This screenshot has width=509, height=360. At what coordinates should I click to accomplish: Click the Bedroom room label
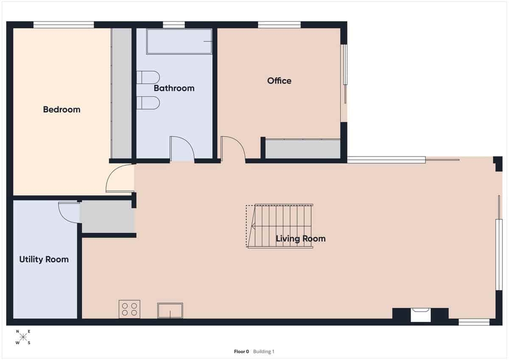pyautogui.click(x=62, y=109)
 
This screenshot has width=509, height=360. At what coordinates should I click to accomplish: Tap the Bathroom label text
pyautogui.click(x=174, y=88)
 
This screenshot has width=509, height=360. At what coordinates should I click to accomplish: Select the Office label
pyautogui.click(x=279, y=81)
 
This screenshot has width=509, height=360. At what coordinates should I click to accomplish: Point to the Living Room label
pyautogui.click(x=300, y=239)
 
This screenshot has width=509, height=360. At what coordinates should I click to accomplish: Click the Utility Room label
pyautogui.click(x=44, y=260)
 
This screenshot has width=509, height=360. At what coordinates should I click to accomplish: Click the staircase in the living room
pyautogui.click(x=280, y=226)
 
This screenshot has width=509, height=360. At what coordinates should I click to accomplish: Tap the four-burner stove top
pyautogui.click(x=129, y=309)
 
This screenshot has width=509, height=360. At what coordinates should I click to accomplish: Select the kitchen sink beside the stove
pyautogui.click(x=170, y=310)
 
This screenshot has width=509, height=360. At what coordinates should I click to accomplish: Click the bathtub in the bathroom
pyautogui.click(x=179, y=41)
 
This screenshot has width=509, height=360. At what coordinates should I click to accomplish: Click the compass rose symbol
pyautogui.click(x=23, y=337)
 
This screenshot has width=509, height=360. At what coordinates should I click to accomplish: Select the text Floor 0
pyautogui.click(x=241, y=352)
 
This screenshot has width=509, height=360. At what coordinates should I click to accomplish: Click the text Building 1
pyautogui.click(x=264, y=352)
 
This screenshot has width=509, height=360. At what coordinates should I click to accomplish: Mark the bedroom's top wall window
pyautogui.click(x=64, y=25)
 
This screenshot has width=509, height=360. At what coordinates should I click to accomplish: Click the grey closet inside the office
pyautogui.click(x=303, y=149)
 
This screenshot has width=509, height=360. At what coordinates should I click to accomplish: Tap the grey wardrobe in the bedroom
pyautogui.click(x=121, y=93)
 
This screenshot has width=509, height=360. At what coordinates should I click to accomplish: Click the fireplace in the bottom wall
pyautogui.click(x=420, y=314)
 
